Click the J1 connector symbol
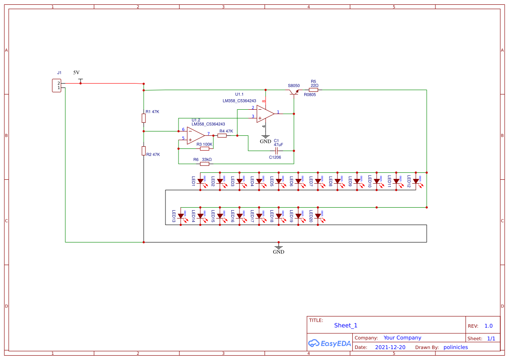pos(56,85)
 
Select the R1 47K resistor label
pos(152,112)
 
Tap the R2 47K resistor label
pos(153,155)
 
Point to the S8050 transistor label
pos(293,86)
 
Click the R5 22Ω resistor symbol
pos(313,90)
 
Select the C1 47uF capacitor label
pos(278,142)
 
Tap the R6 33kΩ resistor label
pos(202,160)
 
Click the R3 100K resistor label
pos(204,144)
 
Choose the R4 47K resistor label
pos(226,131)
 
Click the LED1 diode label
pos(193,182)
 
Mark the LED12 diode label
pos(409,182)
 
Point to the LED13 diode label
pos(174,216)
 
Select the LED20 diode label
pos(311,216)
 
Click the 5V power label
pos(76,73)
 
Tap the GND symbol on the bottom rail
pos(279,248)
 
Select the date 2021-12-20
pos(390,347)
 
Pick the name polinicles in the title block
pos(455,347)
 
